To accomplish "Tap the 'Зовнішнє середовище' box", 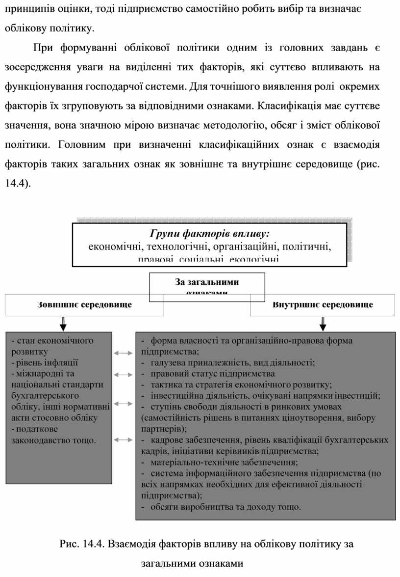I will point(84,305).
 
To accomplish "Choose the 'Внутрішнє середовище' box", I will point(322,305).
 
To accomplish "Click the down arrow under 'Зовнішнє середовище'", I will point(63,324).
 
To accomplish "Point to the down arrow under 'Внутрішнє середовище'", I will point(323,324).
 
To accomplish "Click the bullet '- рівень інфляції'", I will point(44,363).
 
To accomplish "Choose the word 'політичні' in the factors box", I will point(308,246).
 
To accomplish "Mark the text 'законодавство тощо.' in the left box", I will point(53,440).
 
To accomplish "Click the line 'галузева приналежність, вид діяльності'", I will point(232,363).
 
